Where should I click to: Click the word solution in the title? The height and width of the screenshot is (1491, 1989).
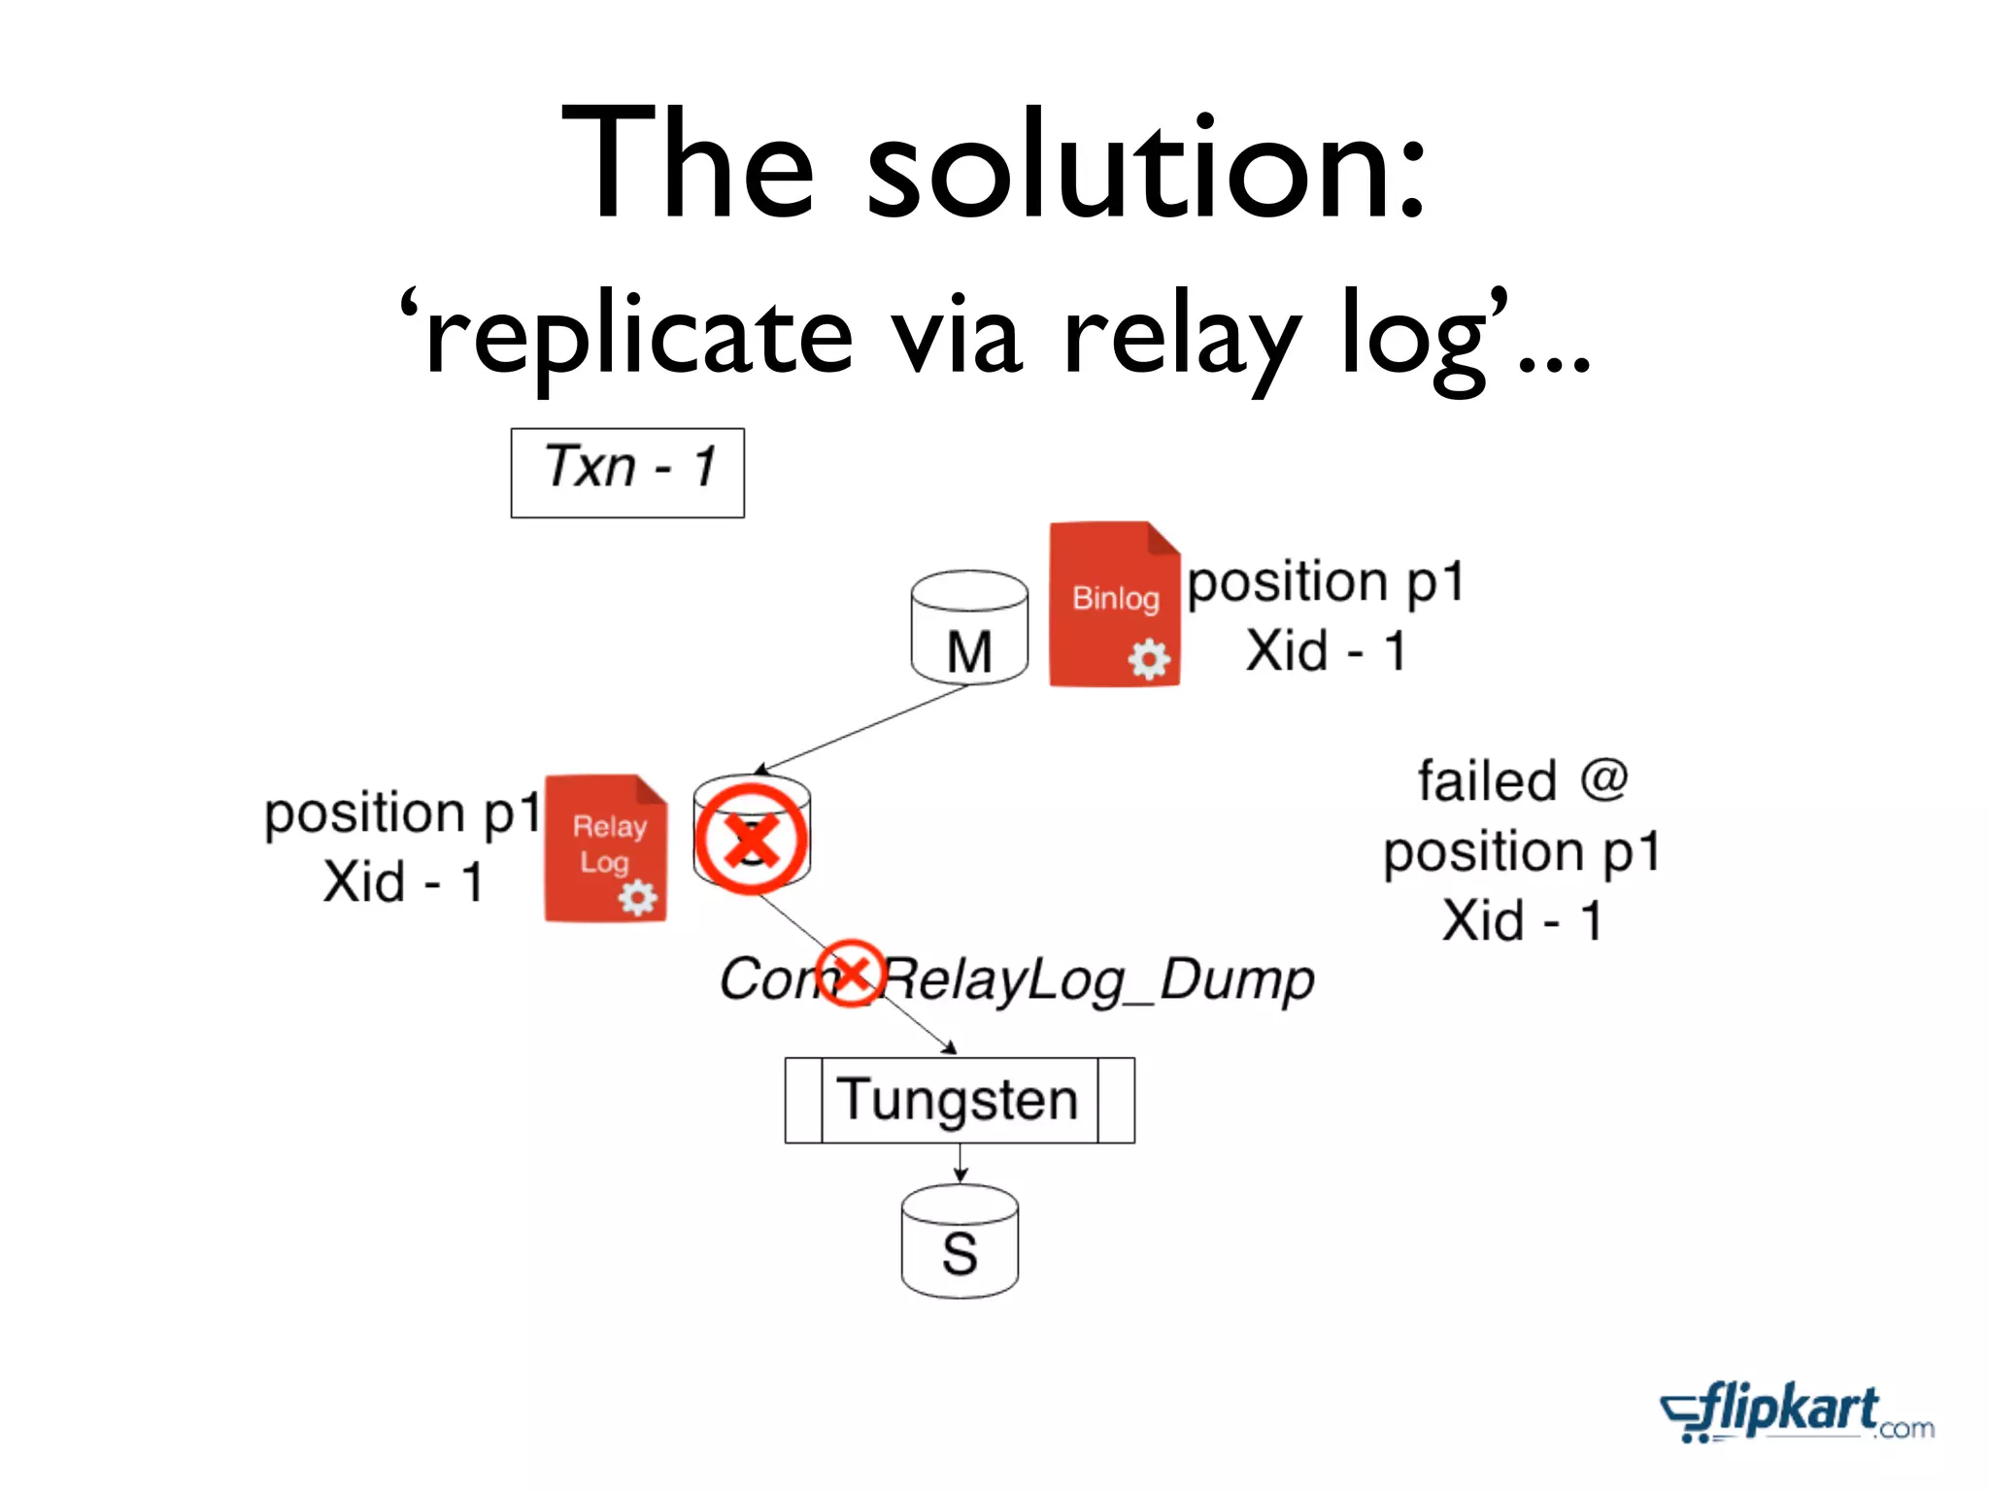click(1146, 165)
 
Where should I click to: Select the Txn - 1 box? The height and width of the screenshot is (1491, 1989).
click(627, 472)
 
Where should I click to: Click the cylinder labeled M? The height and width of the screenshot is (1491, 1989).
click(969, 629)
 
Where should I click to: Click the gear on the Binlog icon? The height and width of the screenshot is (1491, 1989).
click(1149, 660)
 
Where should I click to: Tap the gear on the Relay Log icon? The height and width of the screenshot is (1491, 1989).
click(638, 897)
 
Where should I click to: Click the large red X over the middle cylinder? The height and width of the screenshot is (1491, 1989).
click(751, 839)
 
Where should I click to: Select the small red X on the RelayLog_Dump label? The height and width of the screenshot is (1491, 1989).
click(851, 972)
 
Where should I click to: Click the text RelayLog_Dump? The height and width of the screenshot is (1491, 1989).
click(1097, 979)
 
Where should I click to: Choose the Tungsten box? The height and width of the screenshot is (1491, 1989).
click(960, 1100)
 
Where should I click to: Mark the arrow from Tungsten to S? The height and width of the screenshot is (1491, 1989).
click(960, 1163)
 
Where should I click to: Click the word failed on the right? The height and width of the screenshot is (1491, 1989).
click(1486, 781)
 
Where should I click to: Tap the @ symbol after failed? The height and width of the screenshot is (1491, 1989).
click(1602, 779)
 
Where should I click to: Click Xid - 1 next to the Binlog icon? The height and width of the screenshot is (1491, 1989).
click(1326, 650)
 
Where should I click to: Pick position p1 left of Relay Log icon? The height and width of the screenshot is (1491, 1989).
click(402, 812)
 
